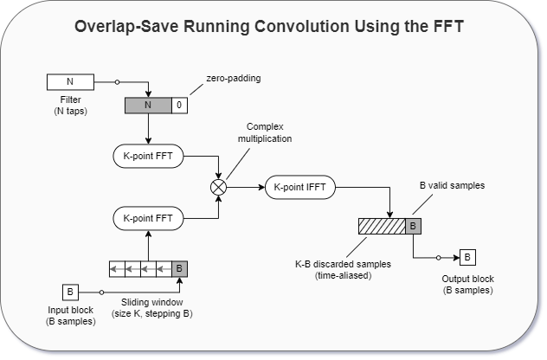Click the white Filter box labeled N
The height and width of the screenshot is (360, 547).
click(70, 82)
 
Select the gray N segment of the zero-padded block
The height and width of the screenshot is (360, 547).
click(148, 106)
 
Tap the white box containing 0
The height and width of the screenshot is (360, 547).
click(179, 106)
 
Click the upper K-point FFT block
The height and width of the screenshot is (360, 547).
click(148, 156)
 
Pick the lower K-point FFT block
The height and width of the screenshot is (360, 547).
click(148, 218)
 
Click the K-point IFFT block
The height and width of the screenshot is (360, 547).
click(300, 187)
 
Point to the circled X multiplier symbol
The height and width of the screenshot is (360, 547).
click(219, 187)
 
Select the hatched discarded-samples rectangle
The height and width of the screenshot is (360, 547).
click(382, 226)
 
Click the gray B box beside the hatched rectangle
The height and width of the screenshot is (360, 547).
click(413, 226)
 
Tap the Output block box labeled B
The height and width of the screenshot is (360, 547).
click(468, 257)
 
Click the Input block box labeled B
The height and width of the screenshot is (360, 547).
click(70, 292)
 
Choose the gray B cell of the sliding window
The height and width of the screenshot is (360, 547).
click(180, 269)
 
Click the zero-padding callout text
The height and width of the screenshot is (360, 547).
click(234, 78)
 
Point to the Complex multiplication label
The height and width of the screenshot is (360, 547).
click(265, 132)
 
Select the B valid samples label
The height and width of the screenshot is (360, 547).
click(452, 185)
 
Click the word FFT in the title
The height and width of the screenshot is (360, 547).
click(449, 27)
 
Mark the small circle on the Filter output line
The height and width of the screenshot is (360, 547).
click(117, 82)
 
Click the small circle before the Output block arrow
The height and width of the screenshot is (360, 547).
click(439, 258)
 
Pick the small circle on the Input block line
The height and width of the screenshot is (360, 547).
click(101, 292)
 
